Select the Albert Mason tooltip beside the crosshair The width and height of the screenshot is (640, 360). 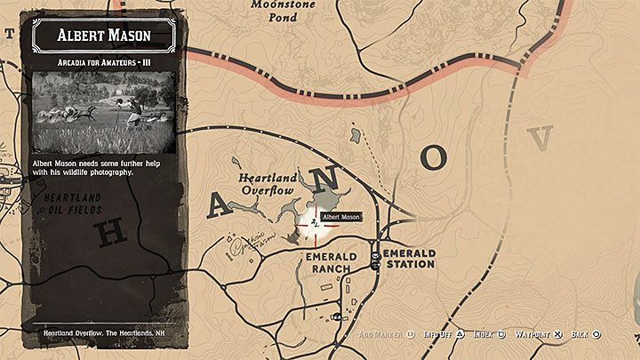tap(341, 217)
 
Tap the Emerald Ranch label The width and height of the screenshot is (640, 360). tap(331, 263)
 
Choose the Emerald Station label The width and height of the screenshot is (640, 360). tap(411, 258)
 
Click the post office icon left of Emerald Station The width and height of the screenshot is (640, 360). tap(376, 258)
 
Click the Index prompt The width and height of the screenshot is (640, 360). tap(489, 334)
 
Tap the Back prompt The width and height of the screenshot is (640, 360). tap(586, 334)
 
